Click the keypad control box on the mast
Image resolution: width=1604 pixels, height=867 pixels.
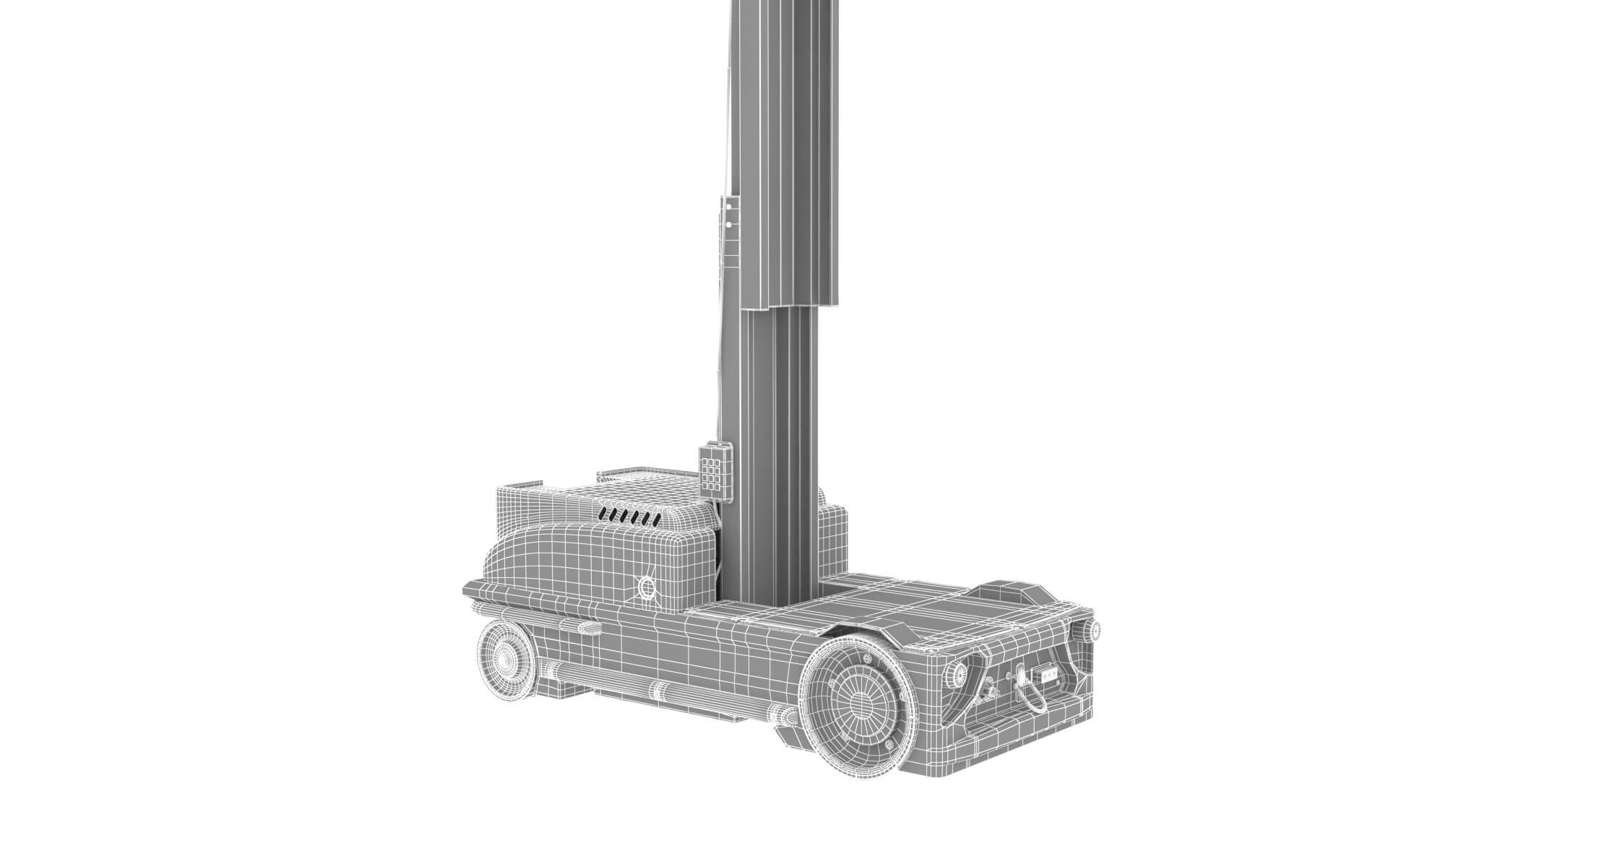point(715,470)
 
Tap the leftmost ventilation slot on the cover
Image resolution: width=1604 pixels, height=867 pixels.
point(605,512)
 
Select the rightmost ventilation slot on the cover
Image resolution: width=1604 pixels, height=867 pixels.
point(655,518)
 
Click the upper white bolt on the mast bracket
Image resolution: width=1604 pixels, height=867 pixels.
point(730,207)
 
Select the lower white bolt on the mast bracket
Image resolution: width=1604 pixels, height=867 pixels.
point(730,224)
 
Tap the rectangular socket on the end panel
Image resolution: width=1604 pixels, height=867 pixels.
point(1049,676)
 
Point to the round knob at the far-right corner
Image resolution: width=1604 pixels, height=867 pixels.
point(1095,629)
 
